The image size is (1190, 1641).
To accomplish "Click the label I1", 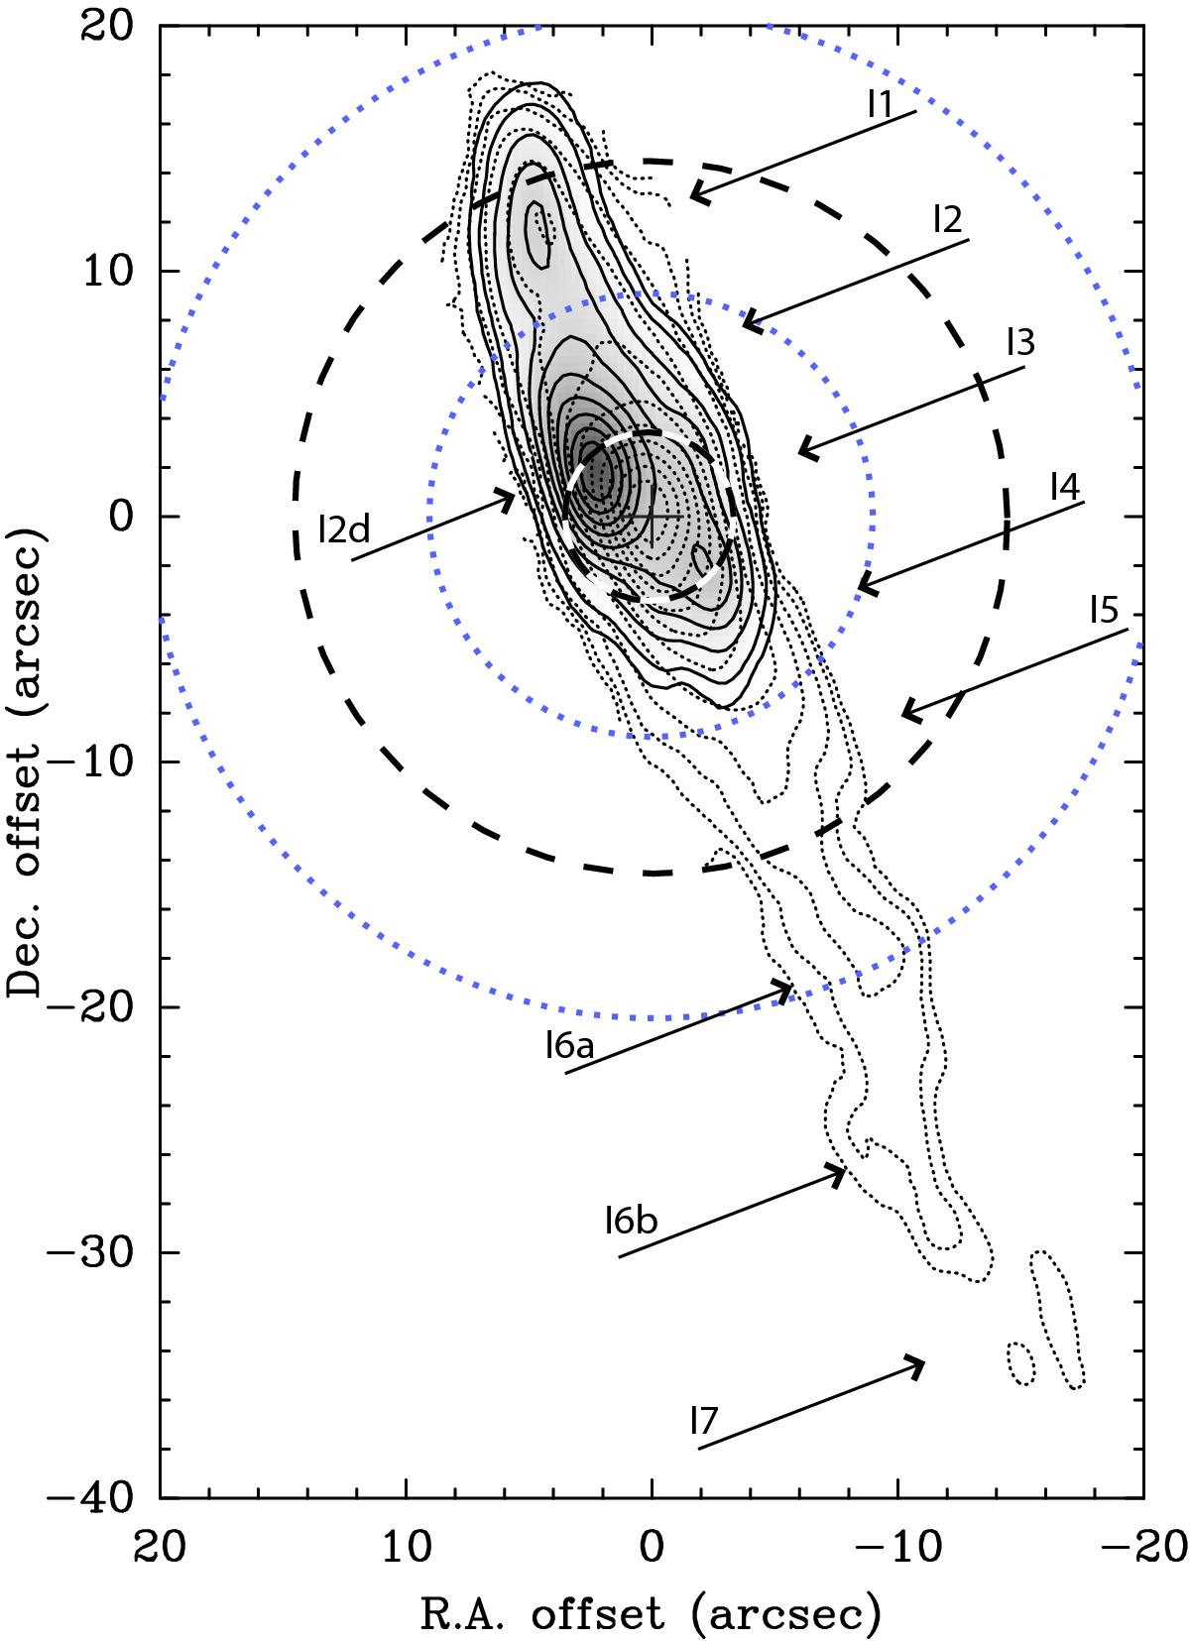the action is click(x=880, y=103).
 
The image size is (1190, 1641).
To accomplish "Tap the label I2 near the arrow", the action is click(x=947, y=219).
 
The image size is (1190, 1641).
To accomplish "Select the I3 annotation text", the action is click(x=1020, y=341).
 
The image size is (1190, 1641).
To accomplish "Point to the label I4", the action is click(x=1065, y=486).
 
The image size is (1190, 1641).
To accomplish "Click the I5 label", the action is click(x=1105, y=610).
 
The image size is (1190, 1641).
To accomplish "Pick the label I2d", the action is click(x=344, y=528).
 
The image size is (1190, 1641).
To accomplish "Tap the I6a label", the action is click(x=569, y=1045).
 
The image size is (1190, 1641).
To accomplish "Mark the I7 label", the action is click(x=703, y=1421).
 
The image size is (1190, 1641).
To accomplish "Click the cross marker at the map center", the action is click(x=652, y=517).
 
